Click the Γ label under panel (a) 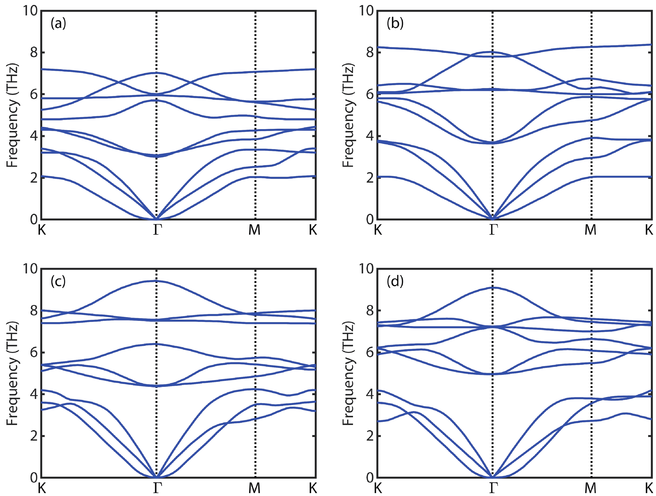[157, 230]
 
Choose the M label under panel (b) [590, 230]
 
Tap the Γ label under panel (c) [157, 488]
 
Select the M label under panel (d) [590, 488]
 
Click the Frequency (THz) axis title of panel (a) [12, 115]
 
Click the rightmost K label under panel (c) [313, 488]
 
